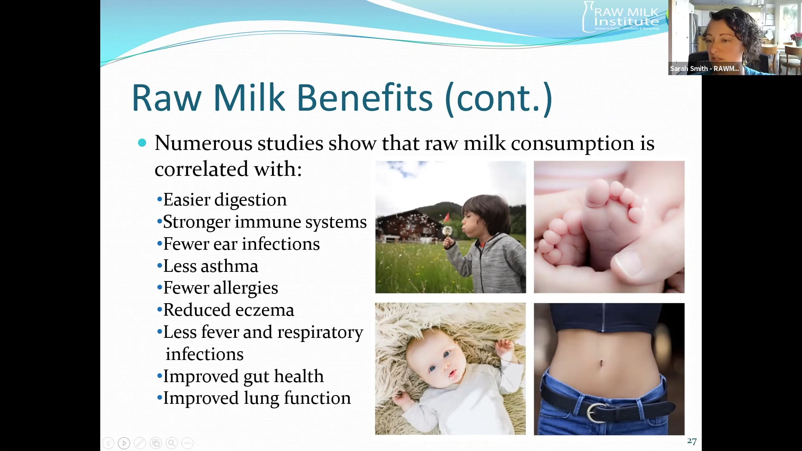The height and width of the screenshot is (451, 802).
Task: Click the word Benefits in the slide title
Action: (365, 98)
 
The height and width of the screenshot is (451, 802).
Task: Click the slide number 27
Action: (692, 441)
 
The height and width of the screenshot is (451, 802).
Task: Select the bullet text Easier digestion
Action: (225, 200)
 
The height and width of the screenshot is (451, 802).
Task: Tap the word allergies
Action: (246, 288)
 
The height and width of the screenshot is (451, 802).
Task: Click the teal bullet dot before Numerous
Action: (142, 143)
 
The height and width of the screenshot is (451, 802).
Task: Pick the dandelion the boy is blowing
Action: (447, 231)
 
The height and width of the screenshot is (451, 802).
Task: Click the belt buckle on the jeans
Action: (596, 412)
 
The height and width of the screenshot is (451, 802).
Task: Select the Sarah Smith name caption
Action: (704, 68)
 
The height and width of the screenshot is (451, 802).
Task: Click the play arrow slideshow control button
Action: (124, 443)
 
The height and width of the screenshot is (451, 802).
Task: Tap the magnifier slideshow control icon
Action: (172, 443)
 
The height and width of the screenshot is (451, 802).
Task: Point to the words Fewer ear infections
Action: (241, 244)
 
